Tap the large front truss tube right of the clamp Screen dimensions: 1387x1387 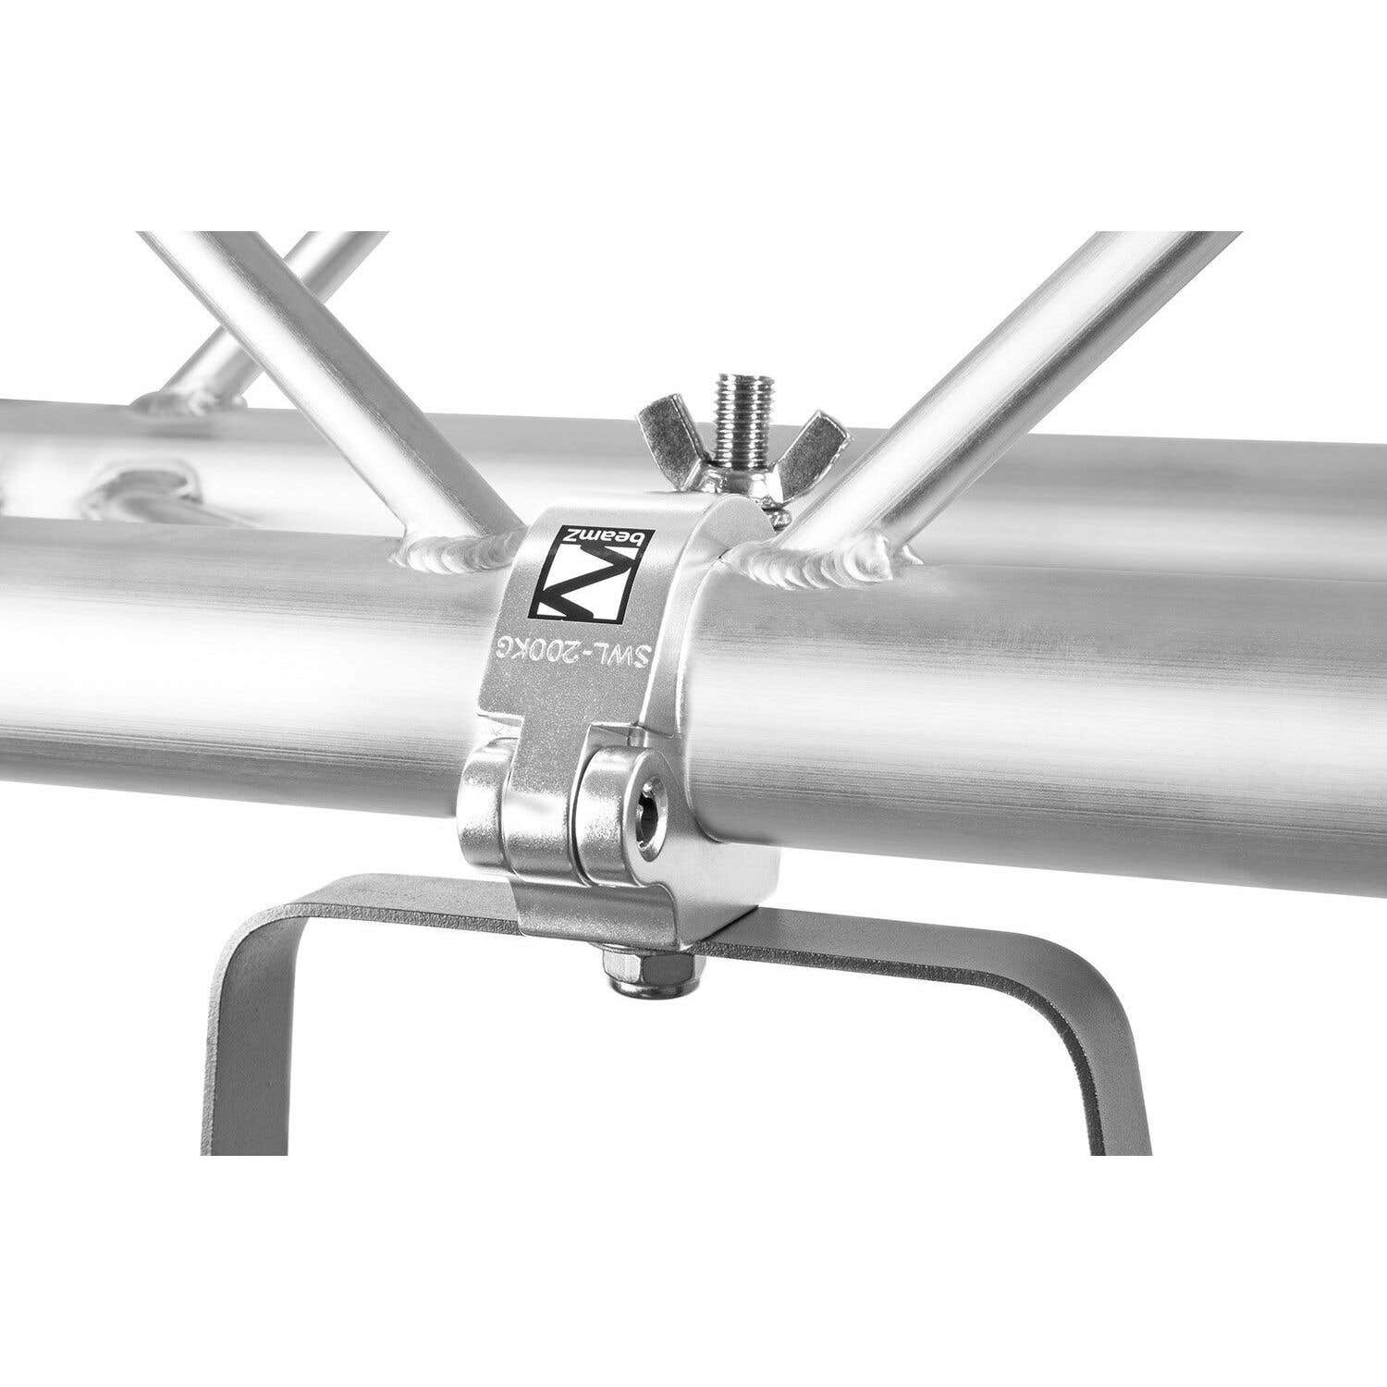point(1063,693)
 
